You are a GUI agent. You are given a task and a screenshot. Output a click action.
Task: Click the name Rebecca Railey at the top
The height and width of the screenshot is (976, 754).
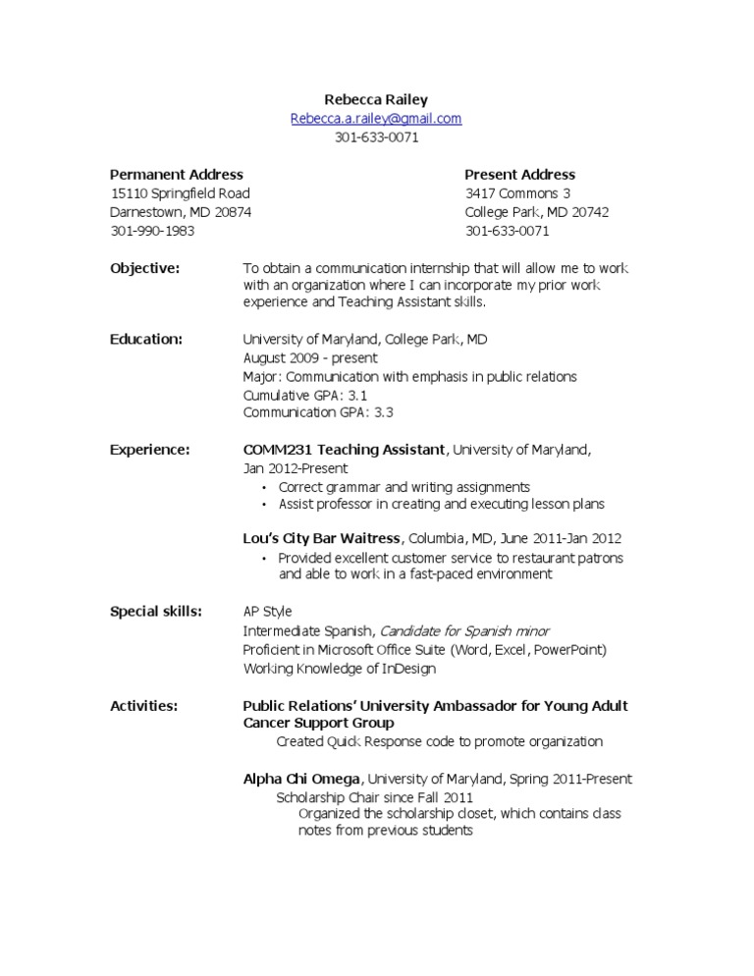tap(376, 99)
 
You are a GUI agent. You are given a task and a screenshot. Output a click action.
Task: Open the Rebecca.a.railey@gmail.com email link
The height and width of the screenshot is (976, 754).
tap(376, 119)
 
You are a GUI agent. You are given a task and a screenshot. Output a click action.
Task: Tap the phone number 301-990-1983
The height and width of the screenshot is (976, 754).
tap(152, 231)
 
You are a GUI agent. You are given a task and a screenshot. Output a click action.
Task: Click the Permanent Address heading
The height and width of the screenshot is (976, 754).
tap(177, 174)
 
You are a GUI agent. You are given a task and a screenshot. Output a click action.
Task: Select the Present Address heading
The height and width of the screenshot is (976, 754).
tap(519, 174)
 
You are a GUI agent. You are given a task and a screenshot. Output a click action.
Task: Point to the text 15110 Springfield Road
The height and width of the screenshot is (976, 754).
tap(180, 193)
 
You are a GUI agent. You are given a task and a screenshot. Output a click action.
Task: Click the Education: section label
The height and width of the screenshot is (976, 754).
tap(146, 339)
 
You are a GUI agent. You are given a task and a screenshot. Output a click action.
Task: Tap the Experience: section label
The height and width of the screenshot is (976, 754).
tap(149, 450)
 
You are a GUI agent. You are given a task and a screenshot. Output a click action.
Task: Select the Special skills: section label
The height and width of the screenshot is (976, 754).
tap(156, 612)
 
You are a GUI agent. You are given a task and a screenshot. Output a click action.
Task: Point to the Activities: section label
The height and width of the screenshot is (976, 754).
tap(144, 706)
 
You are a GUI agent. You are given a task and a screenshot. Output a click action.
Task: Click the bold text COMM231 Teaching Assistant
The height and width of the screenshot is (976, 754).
tap(344, 450)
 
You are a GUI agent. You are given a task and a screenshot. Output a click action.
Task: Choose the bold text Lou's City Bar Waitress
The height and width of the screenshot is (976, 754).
tap(321, 538)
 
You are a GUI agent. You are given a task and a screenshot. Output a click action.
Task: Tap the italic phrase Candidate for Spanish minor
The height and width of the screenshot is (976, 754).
tap(464, 631)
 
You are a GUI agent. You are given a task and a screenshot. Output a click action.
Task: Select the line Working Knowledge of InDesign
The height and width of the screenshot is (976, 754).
tap(340, 669)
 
